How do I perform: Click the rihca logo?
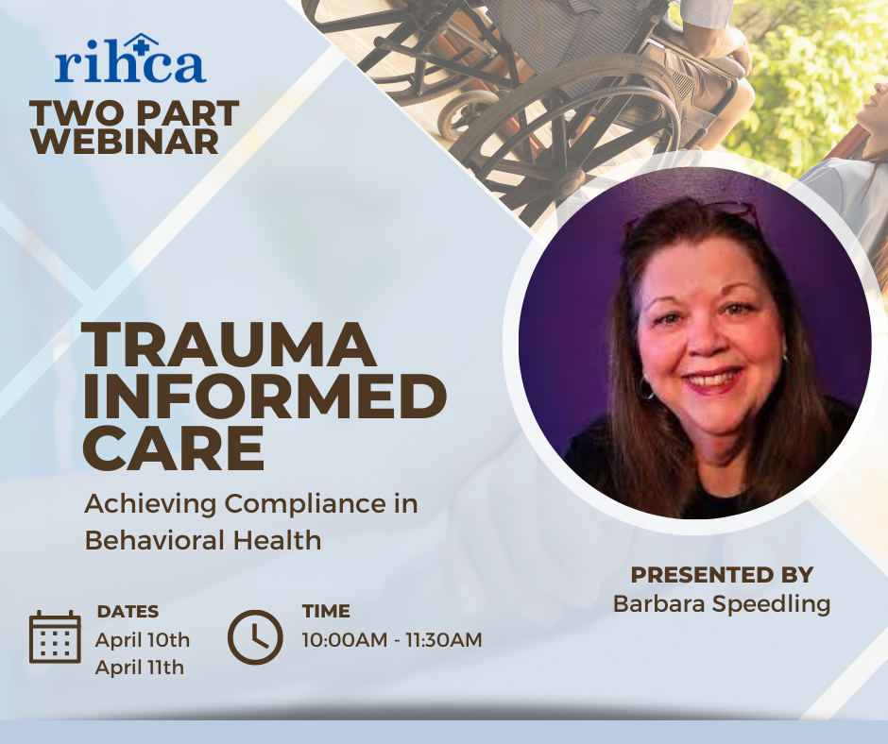coord(130,59)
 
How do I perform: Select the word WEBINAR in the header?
coord(125,142)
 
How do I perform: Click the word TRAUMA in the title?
coord(230,345)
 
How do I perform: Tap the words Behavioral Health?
coord(203,540)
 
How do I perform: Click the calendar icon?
coord(55,636)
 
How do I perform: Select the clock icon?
coord(255,637)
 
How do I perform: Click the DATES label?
coord(128,612)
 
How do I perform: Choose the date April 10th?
coord(143,640)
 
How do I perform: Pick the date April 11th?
coord(140,668)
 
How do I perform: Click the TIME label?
coord(326,611)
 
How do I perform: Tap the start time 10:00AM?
coord(344,640)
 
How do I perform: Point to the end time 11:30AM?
coord(443,640)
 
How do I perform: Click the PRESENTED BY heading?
coord(722,575)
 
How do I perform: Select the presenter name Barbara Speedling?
coord(722,604)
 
